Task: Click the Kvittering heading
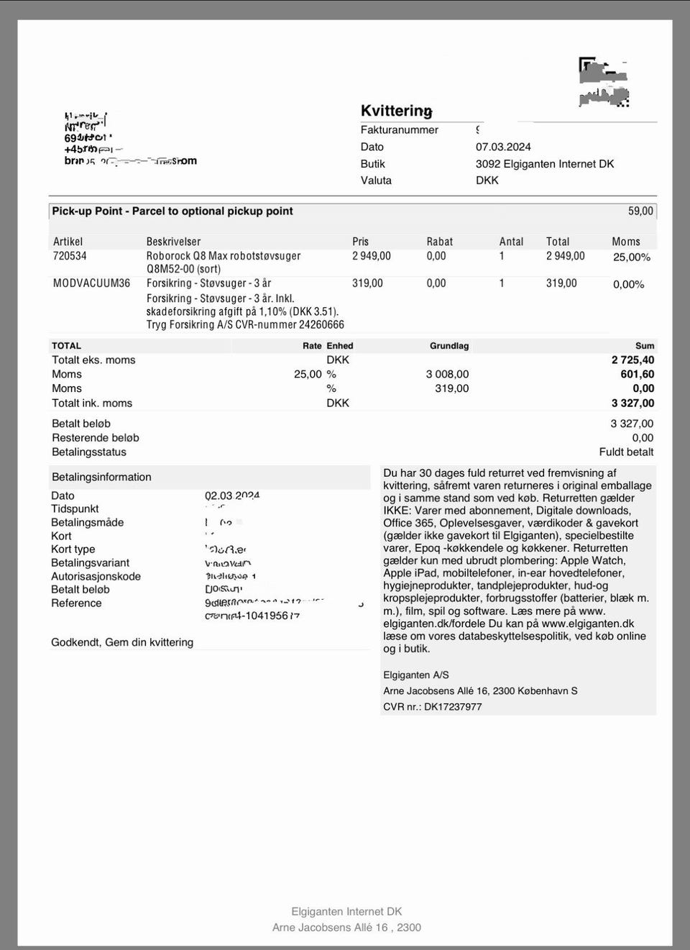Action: click(396, 111)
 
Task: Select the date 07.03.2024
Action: click(503, 147)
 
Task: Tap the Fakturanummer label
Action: click(399, 130)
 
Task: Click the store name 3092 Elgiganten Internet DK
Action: click(545, 164)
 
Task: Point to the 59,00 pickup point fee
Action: click(640, 211)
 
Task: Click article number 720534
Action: click(70, 256)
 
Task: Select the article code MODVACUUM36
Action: click(91, 283)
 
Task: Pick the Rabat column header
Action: click(440, 242)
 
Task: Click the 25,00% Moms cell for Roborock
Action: click(631, 257)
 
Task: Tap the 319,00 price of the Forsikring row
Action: click(367, 283)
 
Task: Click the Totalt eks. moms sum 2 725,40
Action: click(632, 360)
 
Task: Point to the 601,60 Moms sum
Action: click(637, 375)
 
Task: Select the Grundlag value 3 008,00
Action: click(447, 375)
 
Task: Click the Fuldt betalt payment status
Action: click(626, 452)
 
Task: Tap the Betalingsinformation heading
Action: click(101, 477)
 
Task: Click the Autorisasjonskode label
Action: click(96, 576)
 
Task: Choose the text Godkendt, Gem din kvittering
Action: click(122, 642)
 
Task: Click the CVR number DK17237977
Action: click(453, 707)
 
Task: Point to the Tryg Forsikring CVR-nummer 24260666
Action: click(245, 324)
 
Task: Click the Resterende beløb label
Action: click(95, 438)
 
